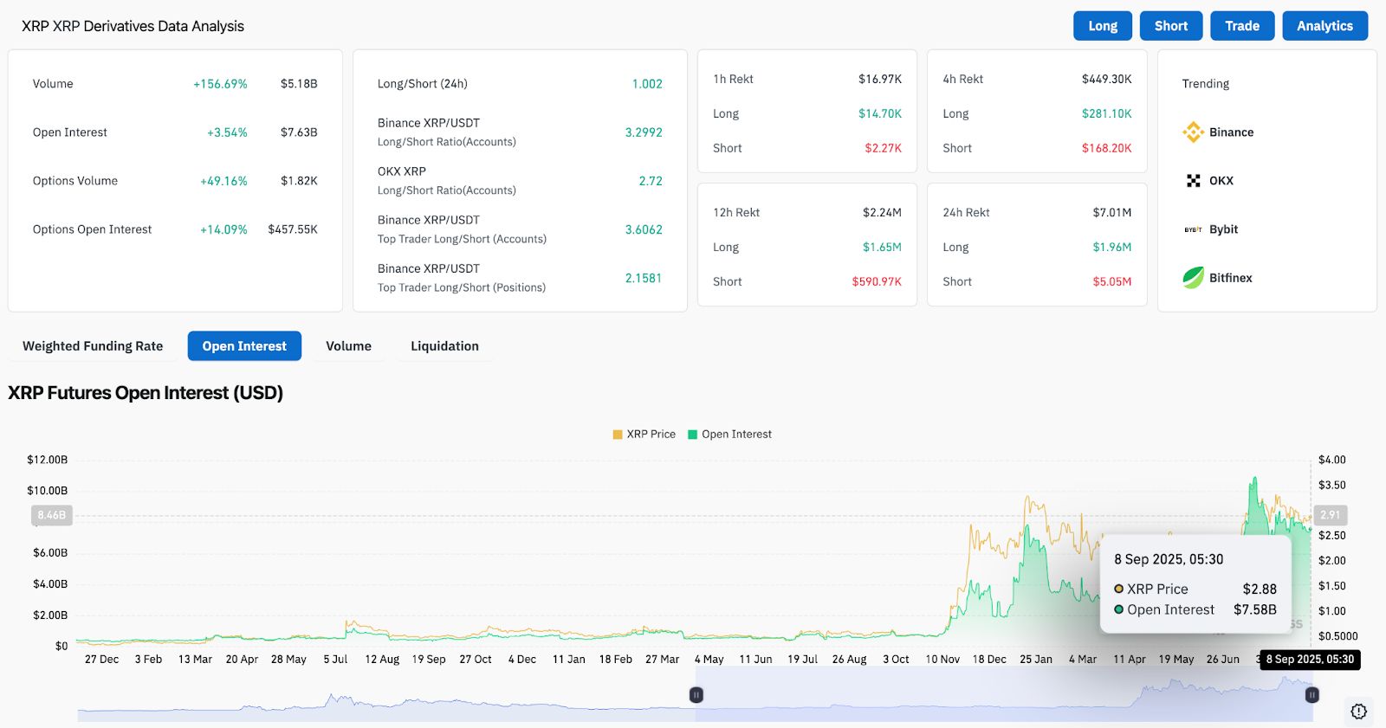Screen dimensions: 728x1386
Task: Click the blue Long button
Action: click(x=1103, y=26)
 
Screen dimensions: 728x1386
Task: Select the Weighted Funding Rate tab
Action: click(x=93, y=346)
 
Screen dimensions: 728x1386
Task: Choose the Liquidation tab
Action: click(x=444, y=346)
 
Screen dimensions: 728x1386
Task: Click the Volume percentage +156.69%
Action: click(x=220, y=84)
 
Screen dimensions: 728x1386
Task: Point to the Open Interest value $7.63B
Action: click(x=299, y=132)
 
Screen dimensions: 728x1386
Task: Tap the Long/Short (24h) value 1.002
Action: click(x=646, y=84)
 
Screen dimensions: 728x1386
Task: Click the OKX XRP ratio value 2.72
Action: click(x=651, y=181)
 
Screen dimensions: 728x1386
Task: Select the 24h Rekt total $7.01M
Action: click(x=1111, y=212)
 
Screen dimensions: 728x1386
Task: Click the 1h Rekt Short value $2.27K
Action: click(x=883, y=148)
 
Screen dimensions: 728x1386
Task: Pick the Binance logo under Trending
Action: click(x=1193, y=132)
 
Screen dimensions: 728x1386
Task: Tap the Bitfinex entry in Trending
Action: click(x=1230, y=278)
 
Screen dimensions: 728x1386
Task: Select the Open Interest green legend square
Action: click(x=692, y=435)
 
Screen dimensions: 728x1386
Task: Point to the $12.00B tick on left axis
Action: click(x=47, y=460)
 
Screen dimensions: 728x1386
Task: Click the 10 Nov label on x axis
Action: click(x=942, y=660)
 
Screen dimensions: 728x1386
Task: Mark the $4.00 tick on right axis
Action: click(x=1331, y=460)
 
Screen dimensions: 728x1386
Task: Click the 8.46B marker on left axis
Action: click(x=51, y=515)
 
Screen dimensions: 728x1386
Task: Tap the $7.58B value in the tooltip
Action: click(x=1254, y=609)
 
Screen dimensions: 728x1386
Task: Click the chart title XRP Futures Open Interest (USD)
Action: click(x=146, y=393)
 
